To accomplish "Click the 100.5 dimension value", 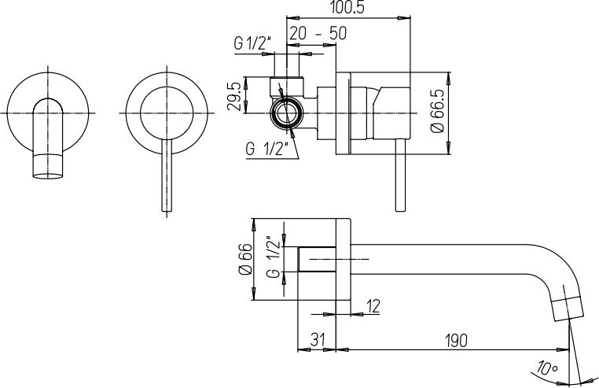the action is tap(347, 8).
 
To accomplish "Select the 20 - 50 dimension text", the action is tap(318, 33).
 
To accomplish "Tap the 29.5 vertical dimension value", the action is tap(234, 97).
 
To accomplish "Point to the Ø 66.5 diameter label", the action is tap(437, 111).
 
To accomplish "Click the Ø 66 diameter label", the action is tap(245, 259).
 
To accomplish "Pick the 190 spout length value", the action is tap(456, 340).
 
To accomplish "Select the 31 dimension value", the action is tap(318, 340).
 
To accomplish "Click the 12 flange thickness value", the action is tap(373, 306).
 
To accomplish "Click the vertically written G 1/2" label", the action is tap(274, 257).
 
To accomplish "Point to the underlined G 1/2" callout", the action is tap(266, 149).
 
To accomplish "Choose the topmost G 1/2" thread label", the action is tap(252, 43).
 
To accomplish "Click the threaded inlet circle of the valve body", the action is tap(286, 113).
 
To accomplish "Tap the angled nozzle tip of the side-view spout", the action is tap(568, 308).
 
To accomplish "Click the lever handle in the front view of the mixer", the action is tap(167, 176).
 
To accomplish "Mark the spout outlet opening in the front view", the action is tap(48, 176).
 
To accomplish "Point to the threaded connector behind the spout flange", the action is tap(317, 260).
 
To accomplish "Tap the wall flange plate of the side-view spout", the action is tap(343, 260).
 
